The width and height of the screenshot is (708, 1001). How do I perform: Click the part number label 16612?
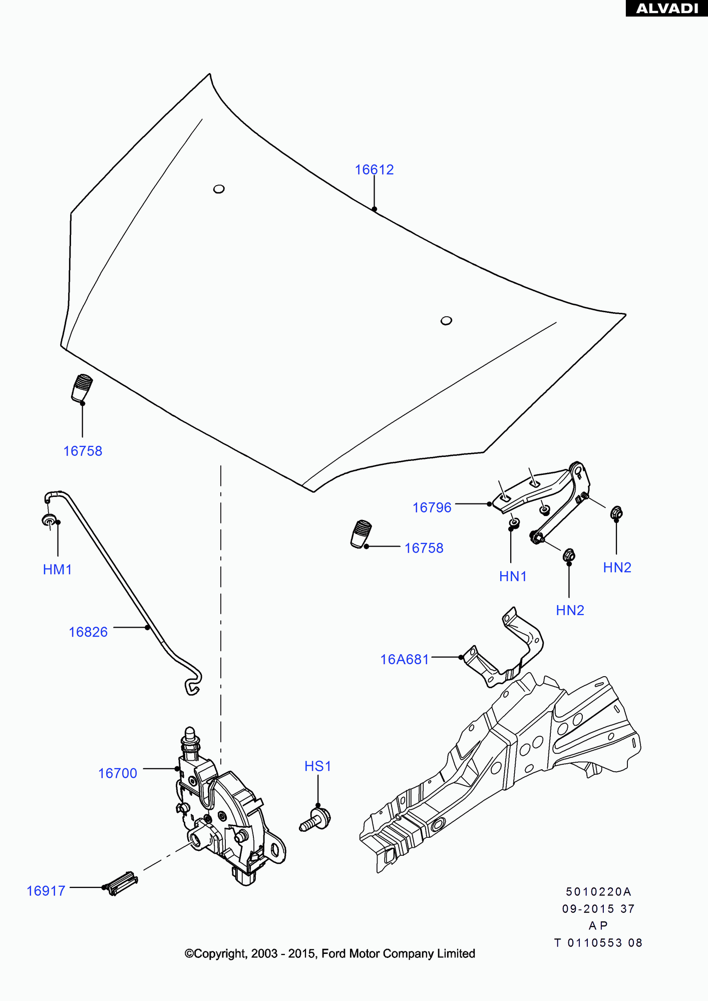(x=374, y=170)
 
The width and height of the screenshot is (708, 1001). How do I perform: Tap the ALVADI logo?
(x=666, y=8)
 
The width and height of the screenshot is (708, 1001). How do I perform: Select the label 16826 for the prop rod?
(x=88, y=632)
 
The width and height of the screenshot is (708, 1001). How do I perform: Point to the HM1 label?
(x=57, y=570)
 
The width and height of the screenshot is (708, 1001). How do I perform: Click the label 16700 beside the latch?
(x=117, y=773)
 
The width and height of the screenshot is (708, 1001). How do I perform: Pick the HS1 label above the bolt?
(x=317, y=766)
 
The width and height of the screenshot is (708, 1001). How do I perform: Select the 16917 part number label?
(x=46, y=891)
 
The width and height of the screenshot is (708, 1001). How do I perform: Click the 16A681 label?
(x=405, y=660)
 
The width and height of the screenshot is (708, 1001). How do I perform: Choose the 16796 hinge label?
(x=432, y=508)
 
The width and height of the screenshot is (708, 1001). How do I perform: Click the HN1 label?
(x=513, y=577)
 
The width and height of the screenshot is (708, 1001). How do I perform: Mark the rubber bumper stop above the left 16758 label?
(x=82, y=387)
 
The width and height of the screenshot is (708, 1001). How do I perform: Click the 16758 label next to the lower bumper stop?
(x=424, y=548)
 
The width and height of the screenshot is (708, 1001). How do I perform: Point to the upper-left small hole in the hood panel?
(x=219, y=189)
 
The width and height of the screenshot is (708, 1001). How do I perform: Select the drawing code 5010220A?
(x=598, y=891)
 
